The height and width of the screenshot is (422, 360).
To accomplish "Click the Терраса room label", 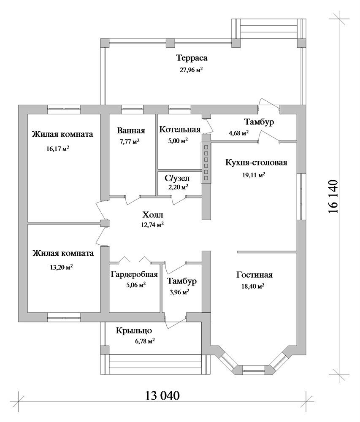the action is (192, 58).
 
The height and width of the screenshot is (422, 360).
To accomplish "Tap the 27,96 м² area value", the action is (191, 70).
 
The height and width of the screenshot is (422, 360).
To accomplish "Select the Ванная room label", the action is (131, 130).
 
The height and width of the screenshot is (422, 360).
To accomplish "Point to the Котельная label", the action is (180, 130).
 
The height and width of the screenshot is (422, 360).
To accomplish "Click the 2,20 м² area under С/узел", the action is (178, 187).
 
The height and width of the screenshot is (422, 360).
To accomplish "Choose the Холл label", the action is (152, 215).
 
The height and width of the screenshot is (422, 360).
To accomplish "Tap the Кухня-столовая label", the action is (256, 162).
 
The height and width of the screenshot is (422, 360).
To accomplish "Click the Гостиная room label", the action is (254, 275).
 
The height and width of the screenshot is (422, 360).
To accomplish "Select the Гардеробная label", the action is (134, 275).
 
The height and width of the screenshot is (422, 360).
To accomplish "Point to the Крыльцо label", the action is (134, 330).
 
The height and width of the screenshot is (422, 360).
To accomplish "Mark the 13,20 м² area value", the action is (61, 268).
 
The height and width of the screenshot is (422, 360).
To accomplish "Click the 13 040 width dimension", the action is (162, 396).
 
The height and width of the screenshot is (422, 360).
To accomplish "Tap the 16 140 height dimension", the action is (333, 196).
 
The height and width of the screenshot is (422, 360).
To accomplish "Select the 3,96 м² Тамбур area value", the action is (178, 292).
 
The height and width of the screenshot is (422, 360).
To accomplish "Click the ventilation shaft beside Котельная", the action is (206, 162).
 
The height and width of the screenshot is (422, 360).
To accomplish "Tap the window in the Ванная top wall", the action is (132, 108).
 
